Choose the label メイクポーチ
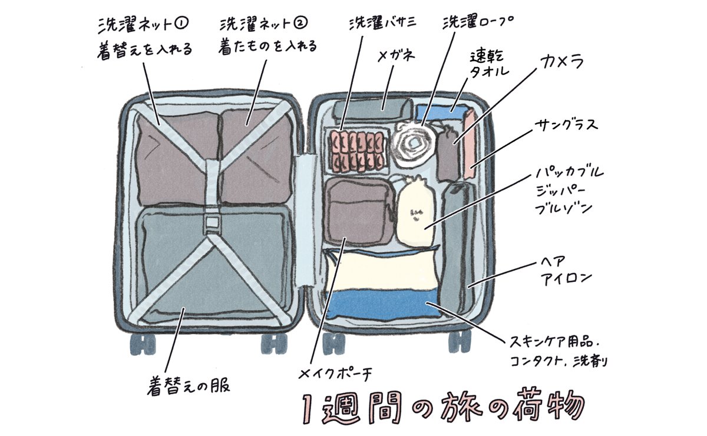[336, 372]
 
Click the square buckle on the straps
[211, 222]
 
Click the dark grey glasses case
[372, 109]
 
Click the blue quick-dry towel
[439, 112]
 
